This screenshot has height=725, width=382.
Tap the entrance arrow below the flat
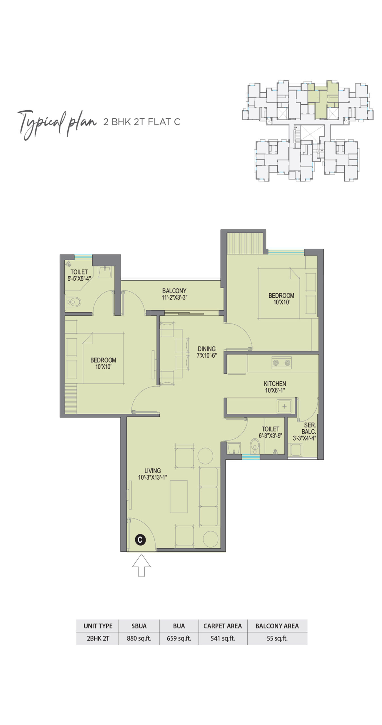click(141, 565)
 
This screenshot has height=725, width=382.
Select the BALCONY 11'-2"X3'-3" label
click(174, 294)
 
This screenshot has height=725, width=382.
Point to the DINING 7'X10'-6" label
click(207, 352)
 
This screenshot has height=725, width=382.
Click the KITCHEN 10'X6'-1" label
click(275, 387)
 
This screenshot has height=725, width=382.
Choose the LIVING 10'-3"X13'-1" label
click(153, 474)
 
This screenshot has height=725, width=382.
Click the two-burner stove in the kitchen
click(281, 362)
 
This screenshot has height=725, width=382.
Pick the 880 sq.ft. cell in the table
click(139, 638)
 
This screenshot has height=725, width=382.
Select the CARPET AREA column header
click(223, 626)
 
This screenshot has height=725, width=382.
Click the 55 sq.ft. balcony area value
click(277, 638)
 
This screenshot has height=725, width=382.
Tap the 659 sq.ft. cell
click(179, 638)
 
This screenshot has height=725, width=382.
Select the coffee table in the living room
click(179, 496)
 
